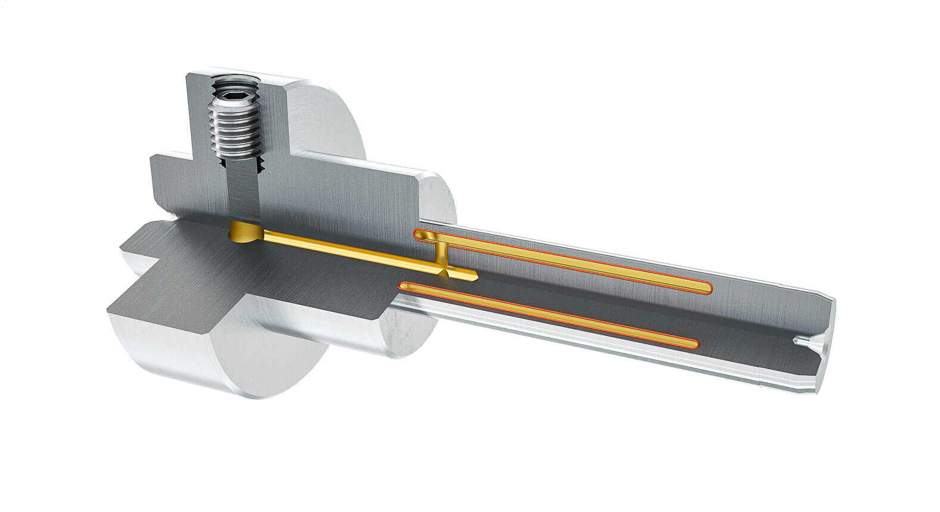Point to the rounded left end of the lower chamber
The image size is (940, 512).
tap(406, 286)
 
